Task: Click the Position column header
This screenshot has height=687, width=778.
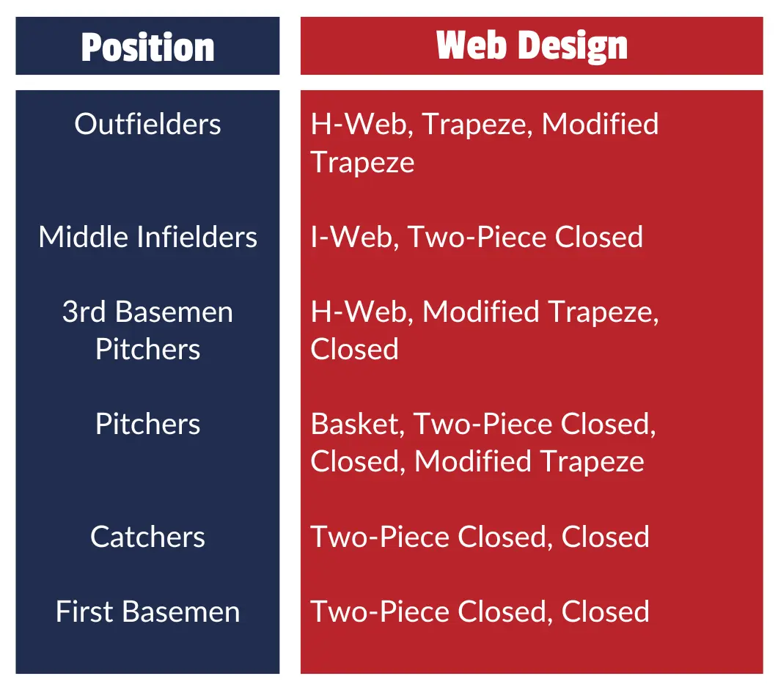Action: (148, 48)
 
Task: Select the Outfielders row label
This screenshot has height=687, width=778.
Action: (148, 123)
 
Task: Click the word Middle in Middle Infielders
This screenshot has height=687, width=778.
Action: (87, 236)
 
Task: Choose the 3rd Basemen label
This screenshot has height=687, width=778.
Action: (148, 312)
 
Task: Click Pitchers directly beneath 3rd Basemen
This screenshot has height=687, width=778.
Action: (148, 349)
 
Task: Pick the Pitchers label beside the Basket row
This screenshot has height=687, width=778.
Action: (148, 424)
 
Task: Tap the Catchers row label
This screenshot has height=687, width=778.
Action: (148, 537)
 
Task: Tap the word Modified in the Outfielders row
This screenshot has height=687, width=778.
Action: (601, 123)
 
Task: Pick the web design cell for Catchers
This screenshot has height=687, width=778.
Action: (480, 537)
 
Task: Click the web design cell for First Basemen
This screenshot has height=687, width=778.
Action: (480, 611)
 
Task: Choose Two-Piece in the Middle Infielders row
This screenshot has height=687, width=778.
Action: (477, 236)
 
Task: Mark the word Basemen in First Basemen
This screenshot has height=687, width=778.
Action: (181, 611)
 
